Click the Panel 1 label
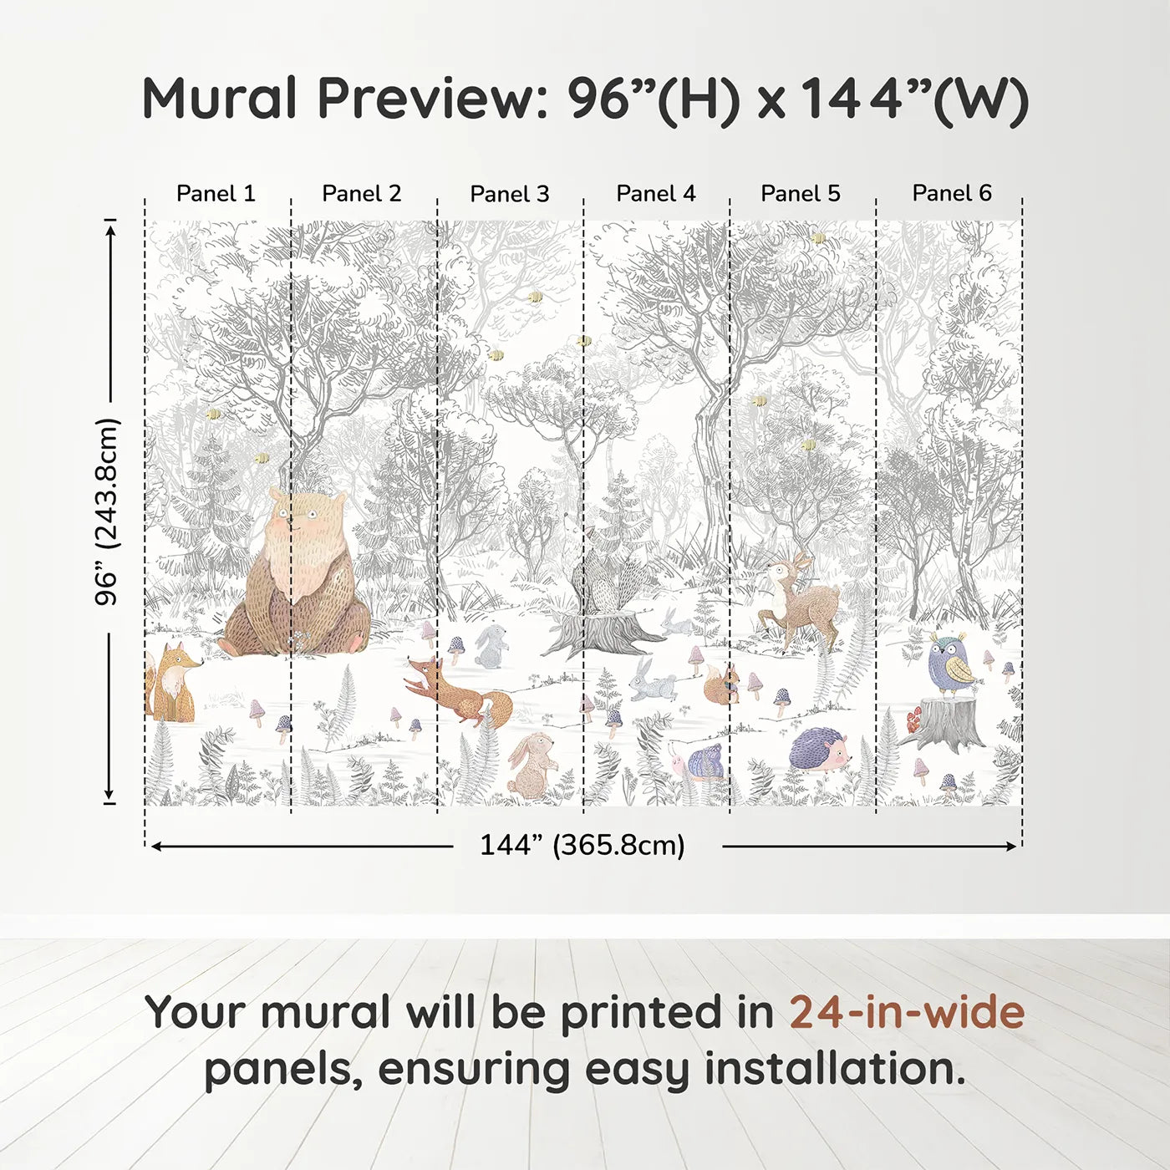click(216, 194)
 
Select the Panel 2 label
click(361, 194)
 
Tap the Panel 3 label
click(509, 194)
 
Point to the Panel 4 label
click(655, 194)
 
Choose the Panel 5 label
click(800, 194)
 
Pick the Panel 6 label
click(951, 194)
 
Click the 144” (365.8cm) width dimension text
click(582, 845)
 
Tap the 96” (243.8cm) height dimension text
click(107, 511)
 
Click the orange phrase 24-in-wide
click(906, 1012)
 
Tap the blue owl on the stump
click(953, 664)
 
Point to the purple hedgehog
click(819, 746)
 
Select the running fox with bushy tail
click(455, 689)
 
